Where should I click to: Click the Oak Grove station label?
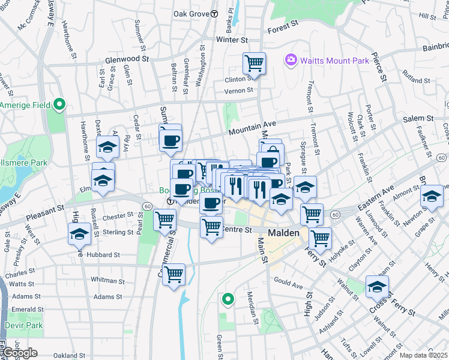pos(191,13)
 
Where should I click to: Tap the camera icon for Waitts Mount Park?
pos(292,59)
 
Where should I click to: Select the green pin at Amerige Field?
pos(59,105)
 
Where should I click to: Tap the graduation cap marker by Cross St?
pos(377,286)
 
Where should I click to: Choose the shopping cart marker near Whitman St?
pos(173,274)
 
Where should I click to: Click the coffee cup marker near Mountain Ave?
pos(170,140)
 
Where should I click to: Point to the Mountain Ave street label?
pos(252,128)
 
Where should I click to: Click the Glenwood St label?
pos(127,59)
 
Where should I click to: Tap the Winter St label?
pos(232,40)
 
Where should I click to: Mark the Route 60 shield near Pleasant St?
pos(147,206)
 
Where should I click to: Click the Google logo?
pos(19,352)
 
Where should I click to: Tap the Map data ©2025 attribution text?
pos(424,355)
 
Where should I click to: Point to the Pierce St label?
pos(379,62)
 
